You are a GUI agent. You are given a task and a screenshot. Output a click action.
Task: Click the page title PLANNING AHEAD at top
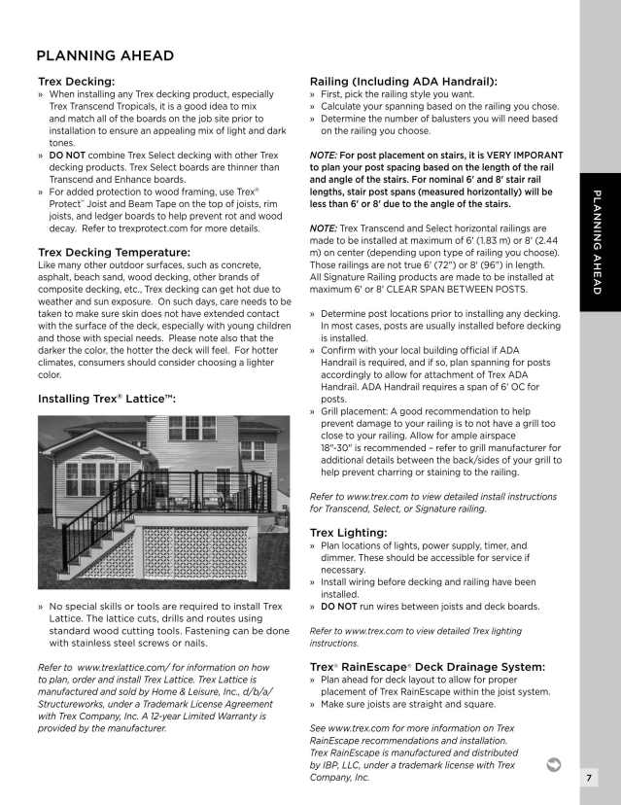(x=105, y=55)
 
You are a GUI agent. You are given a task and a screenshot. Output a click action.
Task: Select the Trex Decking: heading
(x=76, y=81)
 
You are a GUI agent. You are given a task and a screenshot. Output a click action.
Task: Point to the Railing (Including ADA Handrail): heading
(x=402, y=81)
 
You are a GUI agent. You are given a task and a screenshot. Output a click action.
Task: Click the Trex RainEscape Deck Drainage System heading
(x=427, y=666)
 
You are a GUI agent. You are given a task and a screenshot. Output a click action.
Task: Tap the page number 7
(x=590, y=778)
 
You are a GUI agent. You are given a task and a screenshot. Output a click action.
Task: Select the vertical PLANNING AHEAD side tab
(x=599, y=242)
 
